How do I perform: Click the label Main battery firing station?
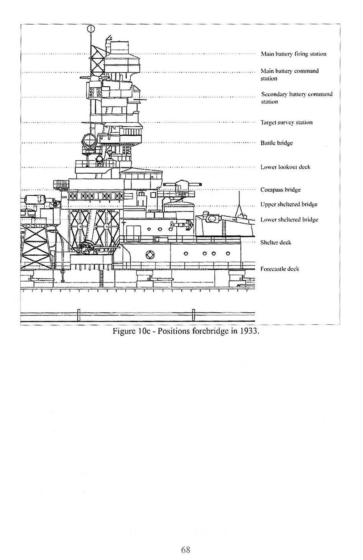pyautogui.click(x=293, y=54)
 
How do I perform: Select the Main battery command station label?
pyautogui.click(x=289, y=74)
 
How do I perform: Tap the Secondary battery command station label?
pyautogui.click(x=297, y=98)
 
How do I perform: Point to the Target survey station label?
pyautogui.click(x=286, y=123)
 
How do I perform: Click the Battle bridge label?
pyautogui.click(x=276, y=143)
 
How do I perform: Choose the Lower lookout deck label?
pyautogui.click(x=285, y=167)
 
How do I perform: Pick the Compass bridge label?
pyautogui.click(x=281, y=190)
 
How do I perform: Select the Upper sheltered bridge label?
pyautogui.click(x=289, y=205)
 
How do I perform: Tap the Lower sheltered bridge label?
pyautogui.click(x=289, y=220)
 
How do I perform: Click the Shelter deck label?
pyautogui.click(x=276, y=243)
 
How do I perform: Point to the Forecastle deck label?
pyautogui.click(x=280, y=269)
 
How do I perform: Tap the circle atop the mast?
pyautogui.click(x=91, y=29)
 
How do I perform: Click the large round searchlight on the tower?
pyautogui.click(x=89, y=141)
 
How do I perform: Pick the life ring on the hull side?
pyautogui.click(x=150, y=255)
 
